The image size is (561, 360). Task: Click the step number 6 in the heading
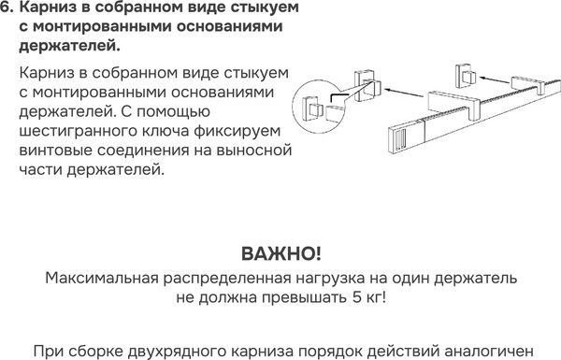coord(7,8)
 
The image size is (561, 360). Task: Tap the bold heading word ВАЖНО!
coord(280,253)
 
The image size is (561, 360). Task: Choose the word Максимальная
coord(97,279)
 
